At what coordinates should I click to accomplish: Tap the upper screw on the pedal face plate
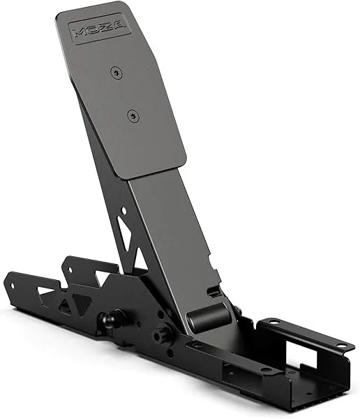click(115, 71)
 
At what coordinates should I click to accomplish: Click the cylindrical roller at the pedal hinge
click(209, 318)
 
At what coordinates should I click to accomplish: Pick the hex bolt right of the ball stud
click(163, 334)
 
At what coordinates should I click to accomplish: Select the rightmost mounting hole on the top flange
click(341, 345)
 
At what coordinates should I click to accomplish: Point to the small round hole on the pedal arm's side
click(123, 209)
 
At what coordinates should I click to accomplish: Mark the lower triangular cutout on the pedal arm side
click(140, 259)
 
